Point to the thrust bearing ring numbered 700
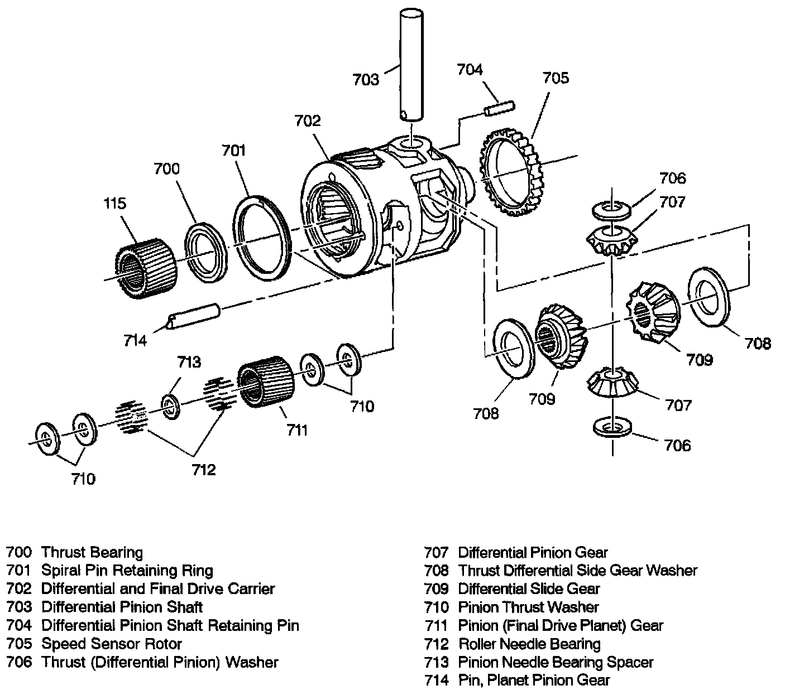[x=205, y=252]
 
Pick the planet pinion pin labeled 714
[x=194, y=316]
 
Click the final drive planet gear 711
[x=266, y=380]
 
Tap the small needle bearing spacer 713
[x=170, y=406]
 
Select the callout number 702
[x=308, y=121]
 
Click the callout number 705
[x=556, y=78]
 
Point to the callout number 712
[x=203, y=470]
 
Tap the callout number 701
[x=233, y=150]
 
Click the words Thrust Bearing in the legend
[x=92, y=553]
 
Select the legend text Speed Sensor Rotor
[x=112, y=644]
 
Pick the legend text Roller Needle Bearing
[x=529, y=644]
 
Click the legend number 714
[x=436, y=680]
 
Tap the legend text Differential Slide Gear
[x=529, y=589]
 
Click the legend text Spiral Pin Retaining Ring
[x=127, y=571]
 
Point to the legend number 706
[x=19, y=662]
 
